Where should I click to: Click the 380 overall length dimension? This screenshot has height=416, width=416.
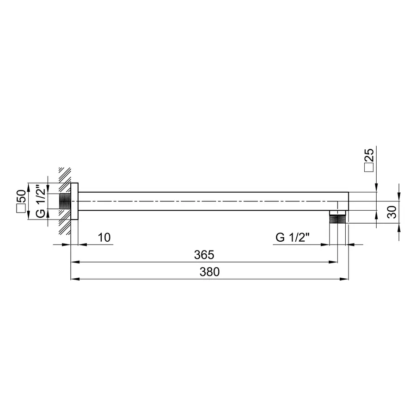point(209,272)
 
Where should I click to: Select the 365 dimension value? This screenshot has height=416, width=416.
point(203,255)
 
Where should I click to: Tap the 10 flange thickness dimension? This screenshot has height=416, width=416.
point(104,238)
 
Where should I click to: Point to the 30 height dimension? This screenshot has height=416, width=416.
point(391,212)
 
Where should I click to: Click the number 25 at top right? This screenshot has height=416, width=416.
point(370,154)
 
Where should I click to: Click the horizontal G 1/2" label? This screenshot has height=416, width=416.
point(292,238)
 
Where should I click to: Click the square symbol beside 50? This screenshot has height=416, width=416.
point(21,209)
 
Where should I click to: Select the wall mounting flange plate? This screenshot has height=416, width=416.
point(74,202)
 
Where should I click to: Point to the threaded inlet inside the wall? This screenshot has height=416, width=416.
point(65,202)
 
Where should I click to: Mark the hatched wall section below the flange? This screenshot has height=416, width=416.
point(64,227)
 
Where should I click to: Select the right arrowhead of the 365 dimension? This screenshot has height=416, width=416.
point(333,262)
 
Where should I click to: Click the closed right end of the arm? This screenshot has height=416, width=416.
point(347,202)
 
